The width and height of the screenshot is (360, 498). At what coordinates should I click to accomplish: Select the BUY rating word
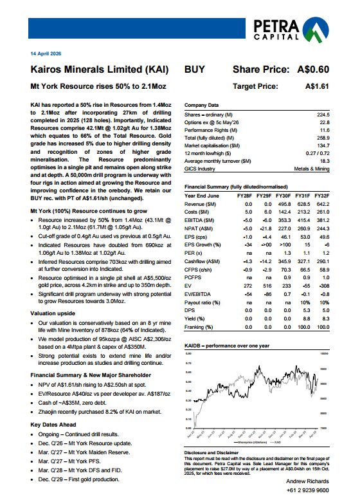tap(195, 69)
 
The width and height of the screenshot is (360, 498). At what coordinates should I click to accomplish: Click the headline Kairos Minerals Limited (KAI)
tap(100, 69)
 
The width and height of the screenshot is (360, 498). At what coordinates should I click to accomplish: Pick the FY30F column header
tap(283, 176)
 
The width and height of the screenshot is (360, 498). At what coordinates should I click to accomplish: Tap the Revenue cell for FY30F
tap(283, 185)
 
